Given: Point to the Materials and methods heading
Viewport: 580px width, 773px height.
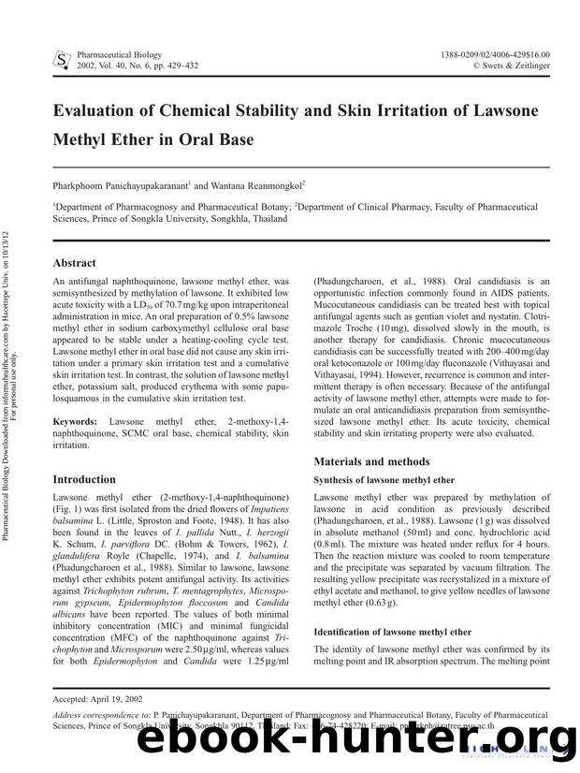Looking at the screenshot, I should click(371, 461).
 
